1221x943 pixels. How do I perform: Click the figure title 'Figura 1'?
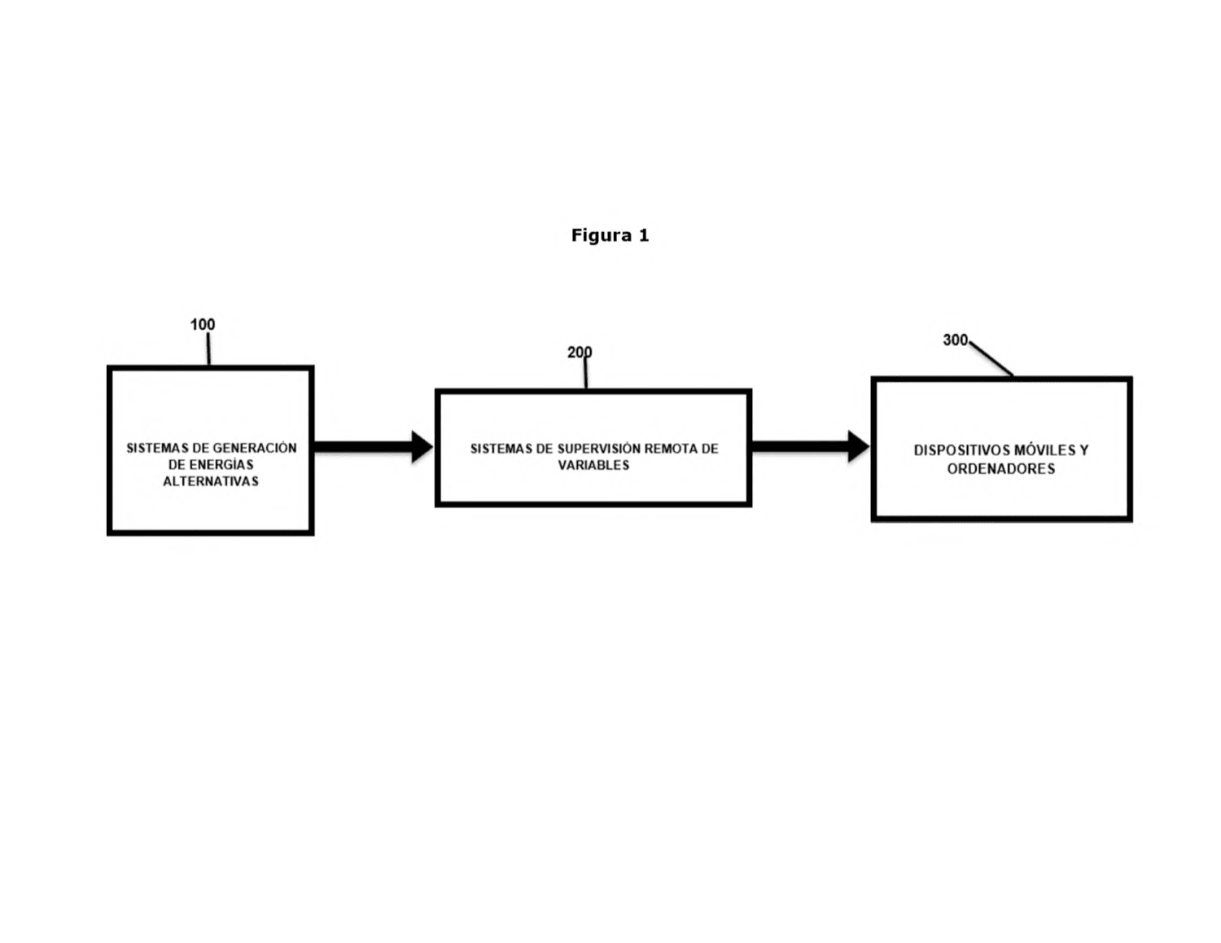(x=610, y=235)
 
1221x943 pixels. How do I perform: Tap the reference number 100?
(x=203, y=324)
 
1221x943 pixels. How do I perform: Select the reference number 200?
(x=580, y=352)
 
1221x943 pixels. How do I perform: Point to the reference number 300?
(x=955, y=340)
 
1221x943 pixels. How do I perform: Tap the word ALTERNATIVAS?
(x=211, y=481)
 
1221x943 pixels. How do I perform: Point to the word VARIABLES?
(x=593, y=465)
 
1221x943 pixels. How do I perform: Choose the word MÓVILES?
(x=1042, y=450)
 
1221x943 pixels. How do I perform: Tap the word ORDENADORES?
(x=1000, y=469)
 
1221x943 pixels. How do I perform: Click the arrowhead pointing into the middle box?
(x=422, y=447)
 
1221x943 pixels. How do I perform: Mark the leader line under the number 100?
(x=208, y=349)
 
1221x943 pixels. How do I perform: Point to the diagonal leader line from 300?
(x=991, y=358)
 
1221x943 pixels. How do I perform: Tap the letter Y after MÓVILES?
(x=1083, y=450)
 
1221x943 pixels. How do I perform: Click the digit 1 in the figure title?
(x=643, y=235)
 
